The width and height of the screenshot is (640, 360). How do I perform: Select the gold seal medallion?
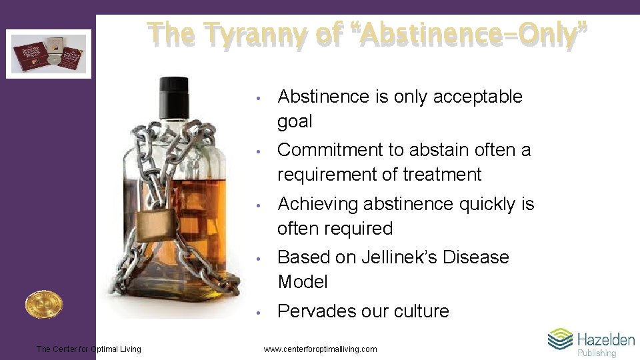pyautogui.click(x=43, y=305)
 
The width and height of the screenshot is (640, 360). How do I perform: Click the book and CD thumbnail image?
pyautogui.click(x=49, y=53)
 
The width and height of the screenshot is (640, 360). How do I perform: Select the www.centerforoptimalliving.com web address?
pyautogui.click(x=320, y=349)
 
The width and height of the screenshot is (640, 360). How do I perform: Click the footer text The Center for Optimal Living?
pyautogui.click(x=89, y=349)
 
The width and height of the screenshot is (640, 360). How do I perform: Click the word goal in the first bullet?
pyautogui.click(x=295, y=122)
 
